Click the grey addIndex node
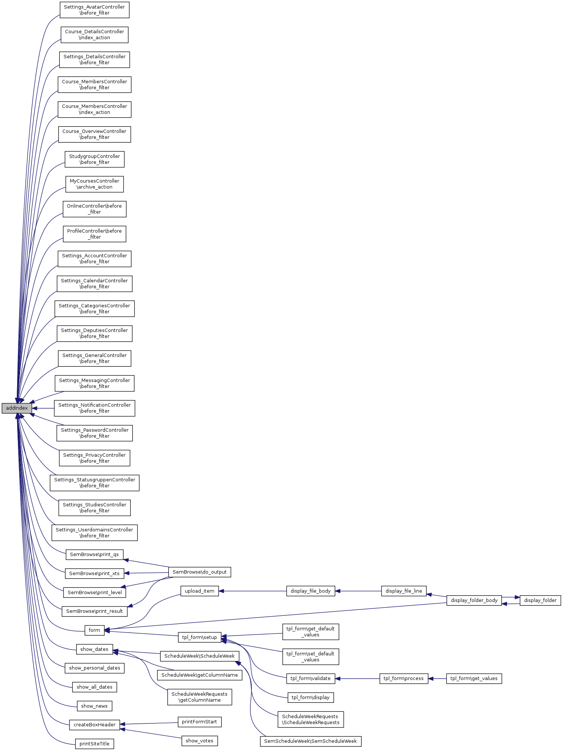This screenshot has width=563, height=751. (x=17, y=408)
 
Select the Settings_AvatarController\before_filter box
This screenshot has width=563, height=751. (x=95, y=10)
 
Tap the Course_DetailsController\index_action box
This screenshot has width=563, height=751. (x=95, y=35)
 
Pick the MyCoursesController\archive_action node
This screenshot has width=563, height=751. (x=95, y=184)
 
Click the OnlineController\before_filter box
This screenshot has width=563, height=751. (x=95, y=209)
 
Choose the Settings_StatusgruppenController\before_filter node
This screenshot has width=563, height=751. (x=95, y=483)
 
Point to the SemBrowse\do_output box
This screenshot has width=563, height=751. (x=199, y=572)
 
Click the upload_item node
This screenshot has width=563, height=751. (x=199, y=591)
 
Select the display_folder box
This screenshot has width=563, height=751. (x=540, y=601)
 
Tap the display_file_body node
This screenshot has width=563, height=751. (x=310, y=591)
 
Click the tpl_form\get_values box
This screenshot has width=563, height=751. (x=474, y=679)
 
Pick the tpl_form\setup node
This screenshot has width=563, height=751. (x=199, y=637)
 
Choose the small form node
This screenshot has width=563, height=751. (x=95, y=630)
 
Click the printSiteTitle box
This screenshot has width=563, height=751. (x=95, y=744)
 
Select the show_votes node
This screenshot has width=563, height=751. (x=199, y=741)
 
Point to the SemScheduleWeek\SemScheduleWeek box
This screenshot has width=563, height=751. (x=310, y=741)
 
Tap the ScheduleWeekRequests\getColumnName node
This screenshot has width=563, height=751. (x=199, y=697)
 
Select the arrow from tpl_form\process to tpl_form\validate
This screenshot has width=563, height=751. (x=357, y=679)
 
